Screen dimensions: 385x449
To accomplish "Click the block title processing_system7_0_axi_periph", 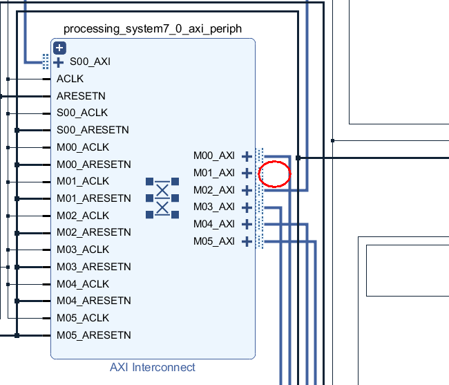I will pyautogui.click(x=153, y=28).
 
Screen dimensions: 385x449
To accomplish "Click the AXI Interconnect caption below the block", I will pyautogui.click(x=153, y=367).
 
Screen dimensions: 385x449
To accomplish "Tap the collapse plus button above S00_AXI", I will pyautogui.click(x=59, y=48).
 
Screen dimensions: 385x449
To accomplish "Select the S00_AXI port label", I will pyautogui.click(x=90, y=62).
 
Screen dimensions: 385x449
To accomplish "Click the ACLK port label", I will pyautogui.click(x=70, y=79).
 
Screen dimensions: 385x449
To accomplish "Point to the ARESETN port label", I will pyautogui.click(x=81, y=96).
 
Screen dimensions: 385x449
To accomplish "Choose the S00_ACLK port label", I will pyautogui.click(x=82, y=113).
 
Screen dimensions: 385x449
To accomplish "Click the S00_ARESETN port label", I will pyautogui.click(x=93, y=130).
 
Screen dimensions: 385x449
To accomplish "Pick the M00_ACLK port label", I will pyautogui.click(x=83, y=147).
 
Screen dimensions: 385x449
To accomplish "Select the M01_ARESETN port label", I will pyautogui.click(x=93, y=198).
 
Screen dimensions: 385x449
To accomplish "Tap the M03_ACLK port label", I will pyautogui.click(x=83, y=250).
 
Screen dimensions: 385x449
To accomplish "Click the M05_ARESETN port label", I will pyautogui.click(x=93, y=335).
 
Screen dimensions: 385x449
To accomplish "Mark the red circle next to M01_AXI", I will pyautogui.click(x=274, y=174).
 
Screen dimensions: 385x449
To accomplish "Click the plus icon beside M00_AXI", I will pyautogui.click(x=247, y=156).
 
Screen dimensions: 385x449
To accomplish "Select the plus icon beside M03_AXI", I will pyautogui.click(x=247, y=207).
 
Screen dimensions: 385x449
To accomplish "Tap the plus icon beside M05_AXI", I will pyautogui.click(x=247, y=241).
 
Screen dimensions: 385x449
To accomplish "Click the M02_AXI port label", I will pyautogui.click(x=214, y=190).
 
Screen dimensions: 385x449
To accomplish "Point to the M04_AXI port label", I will pyautogui.click(x=214, y=224).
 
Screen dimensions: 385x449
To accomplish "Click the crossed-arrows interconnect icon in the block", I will pyautogui.click(x=162, y=198).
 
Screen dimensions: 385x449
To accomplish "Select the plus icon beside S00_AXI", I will pyautogui.click(x=59, y=62).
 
